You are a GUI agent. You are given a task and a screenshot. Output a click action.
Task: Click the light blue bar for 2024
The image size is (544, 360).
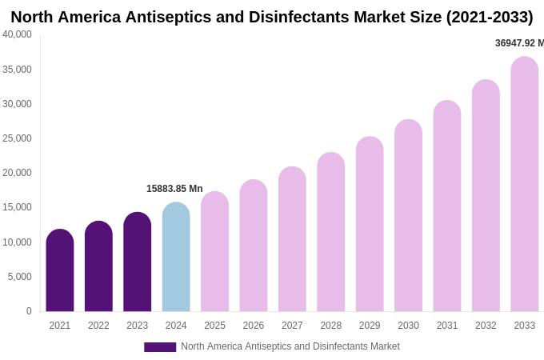coord(176,258)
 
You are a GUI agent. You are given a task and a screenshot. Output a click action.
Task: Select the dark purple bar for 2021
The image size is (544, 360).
coord(60,271)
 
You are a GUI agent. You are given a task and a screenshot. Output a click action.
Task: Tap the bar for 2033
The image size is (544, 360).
coord(524,185)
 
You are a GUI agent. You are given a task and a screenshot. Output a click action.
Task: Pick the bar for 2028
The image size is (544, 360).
coord(330,233)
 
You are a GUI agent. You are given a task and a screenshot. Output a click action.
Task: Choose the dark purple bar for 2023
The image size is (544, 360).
coord(138,262)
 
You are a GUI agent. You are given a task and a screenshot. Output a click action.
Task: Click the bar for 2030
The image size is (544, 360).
coord(408,216)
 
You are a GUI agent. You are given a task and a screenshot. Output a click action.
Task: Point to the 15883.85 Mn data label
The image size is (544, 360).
coord(174,189)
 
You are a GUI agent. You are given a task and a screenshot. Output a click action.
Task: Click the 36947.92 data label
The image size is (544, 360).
coord(518,43)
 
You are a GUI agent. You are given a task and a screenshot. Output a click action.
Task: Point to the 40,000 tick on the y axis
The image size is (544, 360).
coord(17,34)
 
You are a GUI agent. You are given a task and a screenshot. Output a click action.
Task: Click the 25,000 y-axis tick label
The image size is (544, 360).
coord(17,138)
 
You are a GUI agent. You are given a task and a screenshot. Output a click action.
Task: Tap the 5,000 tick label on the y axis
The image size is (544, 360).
coord(19,277)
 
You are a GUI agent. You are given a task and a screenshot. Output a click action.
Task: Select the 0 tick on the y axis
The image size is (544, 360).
coord(29,311)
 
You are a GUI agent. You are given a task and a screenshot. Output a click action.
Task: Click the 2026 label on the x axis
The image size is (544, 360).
coord(254,326)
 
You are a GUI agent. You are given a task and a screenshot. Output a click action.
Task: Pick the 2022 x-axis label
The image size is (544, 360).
coord(98,326)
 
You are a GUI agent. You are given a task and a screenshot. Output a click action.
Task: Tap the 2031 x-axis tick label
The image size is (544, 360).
coord(447,326)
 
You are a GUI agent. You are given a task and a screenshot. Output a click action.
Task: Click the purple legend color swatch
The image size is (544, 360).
coord(160,347)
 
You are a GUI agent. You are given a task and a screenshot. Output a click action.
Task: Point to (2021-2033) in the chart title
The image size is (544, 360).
coord(489,17)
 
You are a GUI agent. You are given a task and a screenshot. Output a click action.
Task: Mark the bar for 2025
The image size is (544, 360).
coord(214,252)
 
